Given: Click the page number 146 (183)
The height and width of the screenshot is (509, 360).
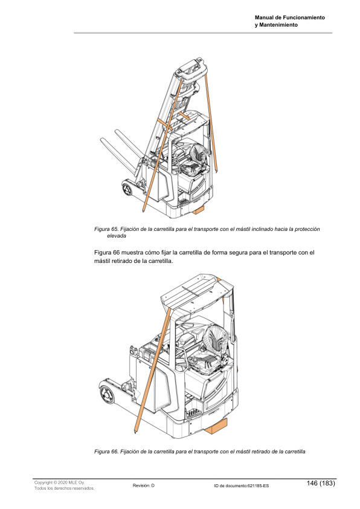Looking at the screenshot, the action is coord(321,483).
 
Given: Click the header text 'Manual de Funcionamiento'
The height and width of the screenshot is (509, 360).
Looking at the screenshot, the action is coord(289,18).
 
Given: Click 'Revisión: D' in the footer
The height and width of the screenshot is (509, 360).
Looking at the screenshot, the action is coord(144,485).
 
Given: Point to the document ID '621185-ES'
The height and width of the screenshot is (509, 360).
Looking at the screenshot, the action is coord(258,486).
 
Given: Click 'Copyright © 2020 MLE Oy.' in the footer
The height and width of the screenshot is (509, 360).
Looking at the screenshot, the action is coord(59,483).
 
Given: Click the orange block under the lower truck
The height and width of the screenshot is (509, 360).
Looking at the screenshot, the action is coord(217,426).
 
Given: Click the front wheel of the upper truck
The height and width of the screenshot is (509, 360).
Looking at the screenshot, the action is coord(127,189).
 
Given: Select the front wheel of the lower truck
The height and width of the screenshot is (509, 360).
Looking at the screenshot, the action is coord(106,394).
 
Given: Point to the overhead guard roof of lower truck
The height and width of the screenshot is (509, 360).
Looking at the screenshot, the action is coord(196,292).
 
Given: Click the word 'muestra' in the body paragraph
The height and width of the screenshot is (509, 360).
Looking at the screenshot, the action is coord(132,253).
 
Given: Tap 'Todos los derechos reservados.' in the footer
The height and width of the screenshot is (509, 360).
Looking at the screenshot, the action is coord(64,488).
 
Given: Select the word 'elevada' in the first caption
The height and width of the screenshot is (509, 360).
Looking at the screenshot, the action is coord(117,236).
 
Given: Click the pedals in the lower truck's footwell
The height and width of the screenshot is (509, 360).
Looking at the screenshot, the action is coord(193,413).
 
